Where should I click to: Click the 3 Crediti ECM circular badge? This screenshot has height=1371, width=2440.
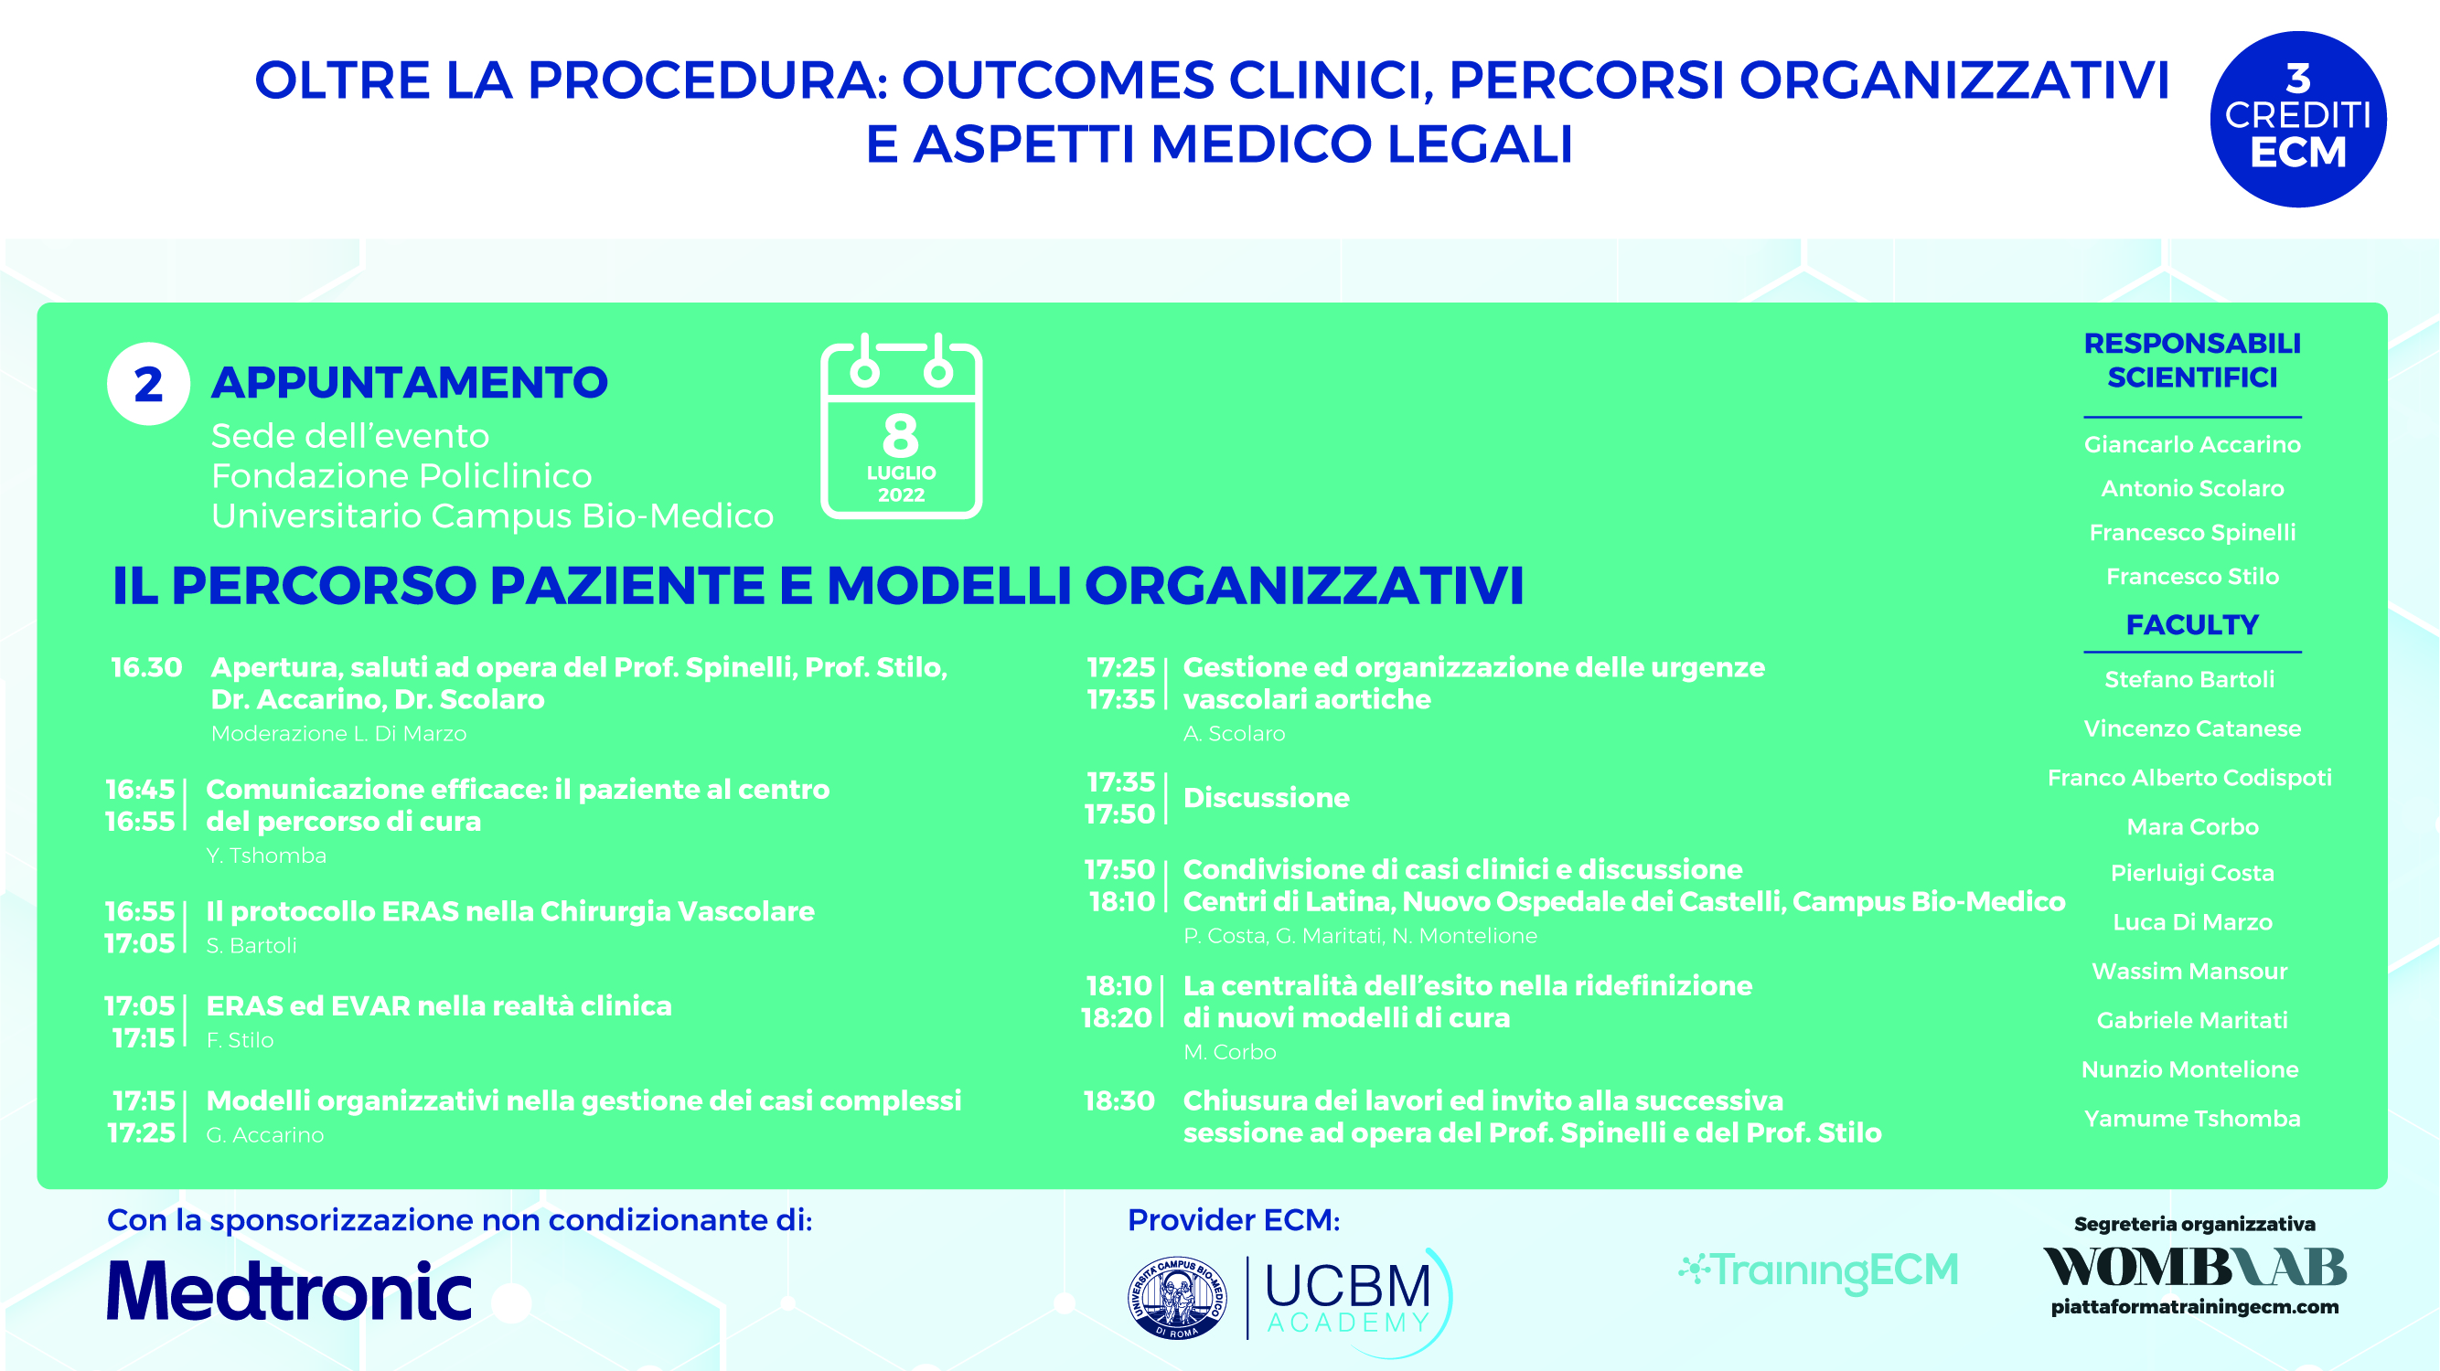pos(2298,120)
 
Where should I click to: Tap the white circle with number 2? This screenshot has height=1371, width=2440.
pos(149,384)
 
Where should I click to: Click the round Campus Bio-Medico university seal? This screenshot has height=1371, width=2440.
pos(1177,1298)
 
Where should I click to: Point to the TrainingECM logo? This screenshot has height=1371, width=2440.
pos(1818,1270)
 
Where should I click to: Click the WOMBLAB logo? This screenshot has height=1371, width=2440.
pos(2194,1267)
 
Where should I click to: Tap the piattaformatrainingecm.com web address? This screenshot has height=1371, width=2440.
pos(2195,1308)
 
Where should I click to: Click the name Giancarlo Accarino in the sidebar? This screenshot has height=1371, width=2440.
pos(2192,444)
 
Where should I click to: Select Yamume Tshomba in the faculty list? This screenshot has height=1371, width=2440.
pos(2192,1118)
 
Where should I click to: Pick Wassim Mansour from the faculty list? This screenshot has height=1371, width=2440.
pos(2189,971)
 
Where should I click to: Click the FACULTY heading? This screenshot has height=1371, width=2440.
pos(2192,625)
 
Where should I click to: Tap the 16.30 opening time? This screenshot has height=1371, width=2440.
pos(146,667)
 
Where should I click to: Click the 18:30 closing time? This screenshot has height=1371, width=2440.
pos(1118,1100)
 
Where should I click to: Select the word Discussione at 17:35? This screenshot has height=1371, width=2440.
pos(1267,797)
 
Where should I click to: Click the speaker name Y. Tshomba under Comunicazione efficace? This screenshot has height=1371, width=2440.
pos(266,855)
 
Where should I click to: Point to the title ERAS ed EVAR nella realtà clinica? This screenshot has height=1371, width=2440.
pos(439,1005)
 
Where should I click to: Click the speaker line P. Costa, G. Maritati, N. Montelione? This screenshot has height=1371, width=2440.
pos(1360,935)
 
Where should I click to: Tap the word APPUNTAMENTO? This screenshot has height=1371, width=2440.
pos(409,383)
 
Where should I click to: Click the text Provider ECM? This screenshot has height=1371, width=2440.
pos(1233,1219)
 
